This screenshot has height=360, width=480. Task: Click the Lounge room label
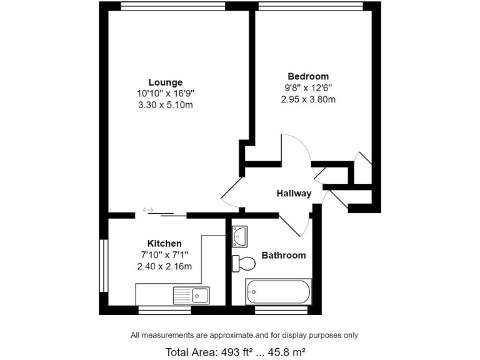click(165, 82)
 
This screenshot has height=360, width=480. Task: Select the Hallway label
click(294, 193)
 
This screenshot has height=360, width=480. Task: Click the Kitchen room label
click(164, 243)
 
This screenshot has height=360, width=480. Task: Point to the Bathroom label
click(284, 255)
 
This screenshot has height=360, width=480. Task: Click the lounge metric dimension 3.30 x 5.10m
click(165, 104)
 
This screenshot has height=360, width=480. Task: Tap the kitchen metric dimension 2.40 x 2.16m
click(164, 266)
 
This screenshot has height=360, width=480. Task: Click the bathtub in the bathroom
click(277, 291)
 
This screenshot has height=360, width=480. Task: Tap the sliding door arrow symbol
click(148, 209)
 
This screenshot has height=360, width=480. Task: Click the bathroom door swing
click(294, 225)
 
